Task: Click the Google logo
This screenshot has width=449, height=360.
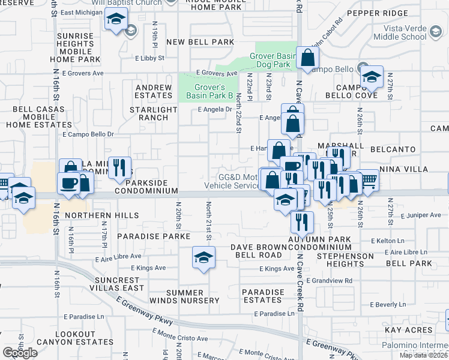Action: pyautogui.click(x=20, y=353)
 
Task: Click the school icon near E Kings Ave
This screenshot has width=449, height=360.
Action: pyautogui.click(x=203, y=258)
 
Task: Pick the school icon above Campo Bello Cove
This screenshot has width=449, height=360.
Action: pyautogui.click(x=372, y=77)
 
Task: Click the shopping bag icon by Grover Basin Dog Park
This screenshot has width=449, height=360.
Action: pyautogui.click(x=307, y=59)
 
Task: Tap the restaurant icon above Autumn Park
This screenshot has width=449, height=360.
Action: pyautogui.click(x=302, y=222)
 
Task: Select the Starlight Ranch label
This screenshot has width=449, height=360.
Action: pyautogui.click(x=154, y=113)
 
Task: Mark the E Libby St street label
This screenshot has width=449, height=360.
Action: pyautogui.click(x=154, y=58)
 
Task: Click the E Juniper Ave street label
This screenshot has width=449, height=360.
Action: pyautogui.click(x=420, y=215)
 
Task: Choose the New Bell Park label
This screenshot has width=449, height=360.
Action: pyautogui.click(x=199, y=42)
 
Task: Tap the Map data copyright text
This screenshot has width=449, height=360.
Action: pyautogui.click(x=423, y=355)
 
